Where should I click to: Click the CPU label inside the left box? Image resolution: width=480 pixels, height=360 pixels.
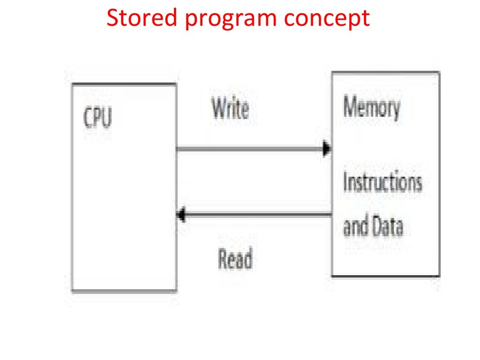[97, 118]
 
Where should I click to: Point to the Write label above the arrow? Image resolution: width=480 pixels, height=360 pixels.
[230, 108]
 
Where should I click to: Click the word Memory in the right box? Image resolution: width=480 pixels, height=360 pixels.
[372, 108]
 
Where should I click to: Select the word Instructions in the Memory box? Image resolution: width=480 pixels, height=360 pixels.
[382, 182]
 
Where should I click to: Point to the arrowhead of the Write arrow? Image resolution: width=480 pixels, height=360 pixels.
[327, 150]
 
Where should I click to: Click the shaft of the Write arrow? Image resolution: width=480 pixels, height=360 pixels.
[248, 150]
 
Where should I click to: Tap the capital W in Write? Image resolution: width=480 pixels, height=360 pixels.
[218, 108]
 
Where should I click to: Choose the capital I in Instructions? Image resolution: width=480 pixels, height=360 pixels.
[345, 182]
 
